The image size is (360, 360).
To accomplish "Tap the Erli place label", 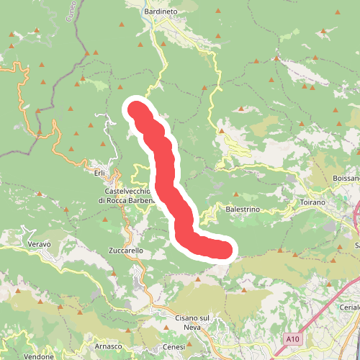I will [x=99, y=173].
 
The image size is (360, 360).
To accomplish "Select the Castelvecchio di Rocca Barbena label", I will [x=127, y=195].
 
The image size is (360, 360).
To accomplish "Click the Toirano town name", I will [x=312, y=203].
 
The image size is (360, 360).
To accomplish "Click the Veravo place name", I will [x=39, y=244].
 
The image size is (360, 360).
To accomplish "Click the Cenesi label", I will [x=174, y=347].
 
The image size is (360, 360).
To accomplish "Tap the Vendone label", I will [x=39, y=356].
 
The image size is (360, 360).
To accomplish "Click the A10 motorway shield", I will [x=291, y=338].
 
